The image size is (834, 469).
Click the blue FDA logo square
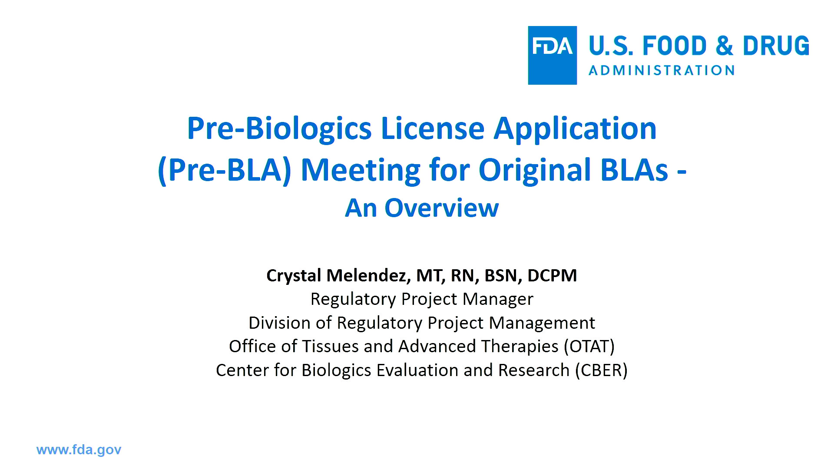pyautogui.click(x=552, y=55)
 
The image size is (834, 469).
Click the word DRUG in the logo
pyautogui.click(x=776, y=46)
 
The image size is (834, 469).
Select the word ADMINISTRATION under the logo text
pyautogui.click(x=662, y=70)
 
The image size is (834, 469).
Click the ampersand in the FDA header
pyautogui.click(x=725, y=46)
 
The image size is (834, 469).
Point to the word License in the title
pyautogui.click(x=432, y=129)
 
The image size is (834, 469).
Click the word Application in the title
pyautogui.click(x=575, y=129)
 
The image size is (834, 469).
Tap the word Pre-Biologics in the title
pyautogui.click(x=279, y=129)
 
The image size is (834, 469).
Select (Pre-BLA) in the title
pyautogui.click(x=224, y=170)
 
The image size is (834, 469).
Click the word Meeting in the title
pyautogui.click(x=361, y=170)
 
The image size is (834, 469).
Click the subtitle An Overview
pyautogui.click(x=422, y=208)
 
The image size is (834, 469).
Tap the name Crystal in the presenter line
pyautogui.click(x=294, y=276)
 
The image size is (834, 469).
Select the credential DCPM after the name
pyautogui.click(x=552, y=276)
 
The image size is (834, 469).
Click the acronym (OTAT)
pyautogui.click(x=589, y=347)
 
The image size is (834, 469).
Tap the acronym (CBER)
pyautogui.click(x=601, y=370)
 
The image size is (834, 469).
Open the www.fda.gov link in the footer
pyautogui.click(x=79, y=450)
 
